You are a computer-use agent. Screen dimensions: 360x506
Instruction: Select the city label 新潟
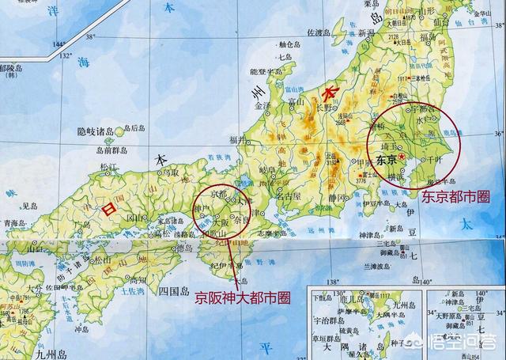point(365,33)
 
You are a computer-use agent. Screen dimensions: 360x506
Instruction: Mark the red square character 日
point(109,208)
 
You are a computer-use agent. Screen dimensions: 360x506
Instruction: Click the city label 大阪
point(224,223)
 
